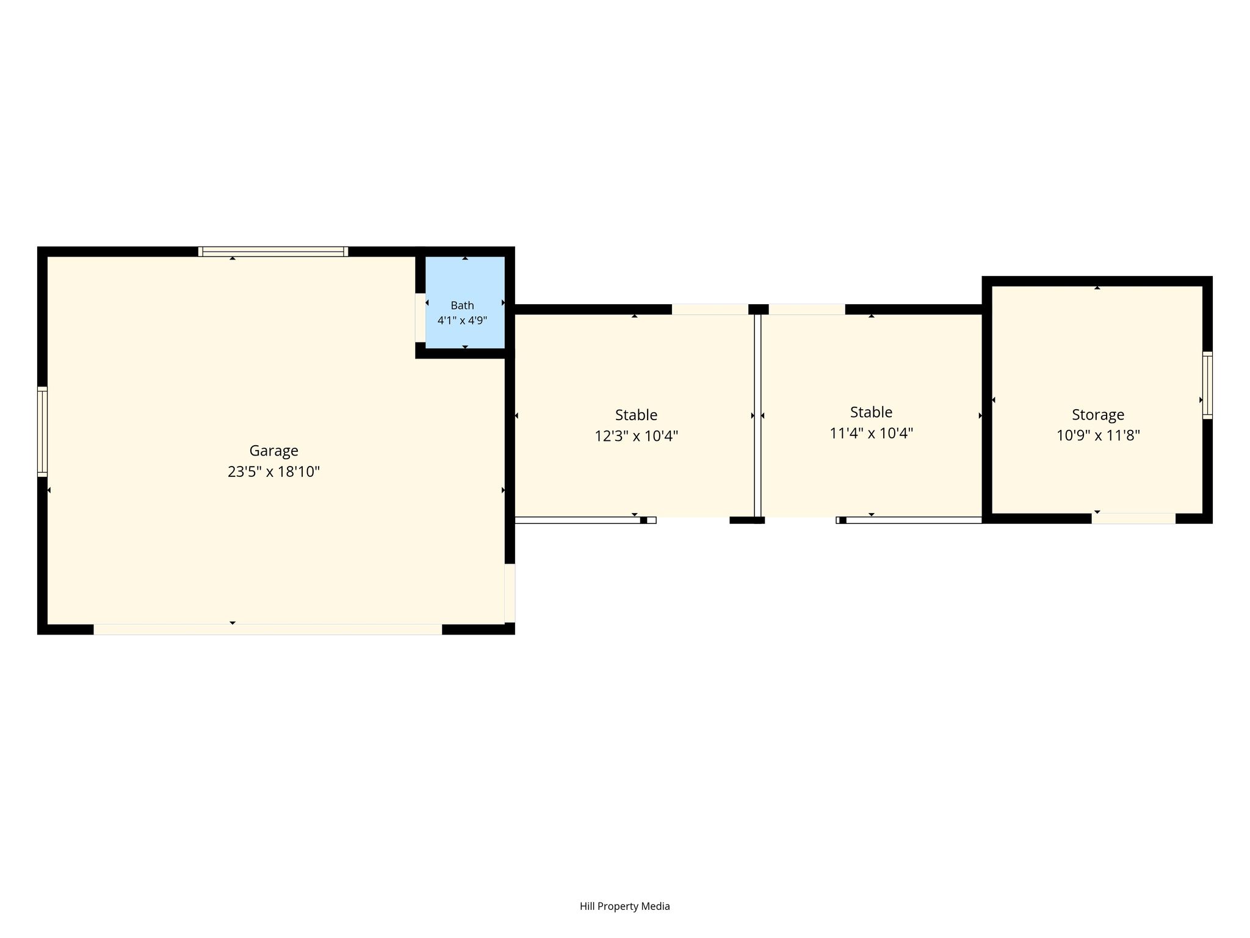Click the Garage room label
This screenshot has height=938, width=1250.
coord(273,451)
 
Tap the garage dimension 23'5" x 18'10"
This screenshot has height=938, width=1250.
coord(273,471)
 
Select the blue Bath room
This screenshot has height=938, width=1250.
coord(465,302)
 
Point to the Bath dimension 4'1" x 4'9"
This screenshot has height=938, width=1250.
coord(462,320)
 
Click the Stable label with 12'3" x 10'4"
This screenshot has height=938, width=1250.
coord(636,415)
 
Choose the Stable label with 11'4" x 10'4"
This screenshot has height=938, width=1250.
coord(871,412)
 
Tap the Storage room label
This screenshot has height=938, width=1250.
coord(1098,415)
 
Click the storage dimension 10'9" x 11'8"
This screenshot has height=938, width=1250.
coord(1098,435)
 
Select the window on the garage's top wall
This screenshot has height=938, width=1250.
coord(273,252)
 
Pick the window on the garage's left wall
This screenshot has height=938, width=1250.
coord(42,432)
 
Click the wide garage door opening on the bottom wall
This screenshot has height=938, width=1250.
coord(267,630)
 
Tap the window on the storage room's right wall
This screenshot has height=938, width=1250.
coord(1207,385)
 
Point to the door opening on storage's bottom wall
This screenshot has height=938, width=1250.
coord(1133,518)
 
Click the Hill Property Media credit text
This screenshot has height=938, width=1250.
coord(624,906)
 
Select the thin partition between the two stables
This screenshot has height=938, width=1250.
coord(757,416)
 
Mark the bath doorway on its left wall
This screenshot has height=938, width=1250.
coord(420,318)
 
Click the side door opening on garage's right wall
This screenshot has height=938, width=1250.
coord(510,593)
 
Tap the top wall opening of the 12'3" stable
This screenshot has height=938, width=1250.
coord(710,309)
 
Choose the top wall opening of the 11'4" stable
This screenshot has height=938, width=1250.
coord(807,309)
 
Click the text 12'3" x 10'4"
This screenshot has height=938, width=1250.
coord(636,436)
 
